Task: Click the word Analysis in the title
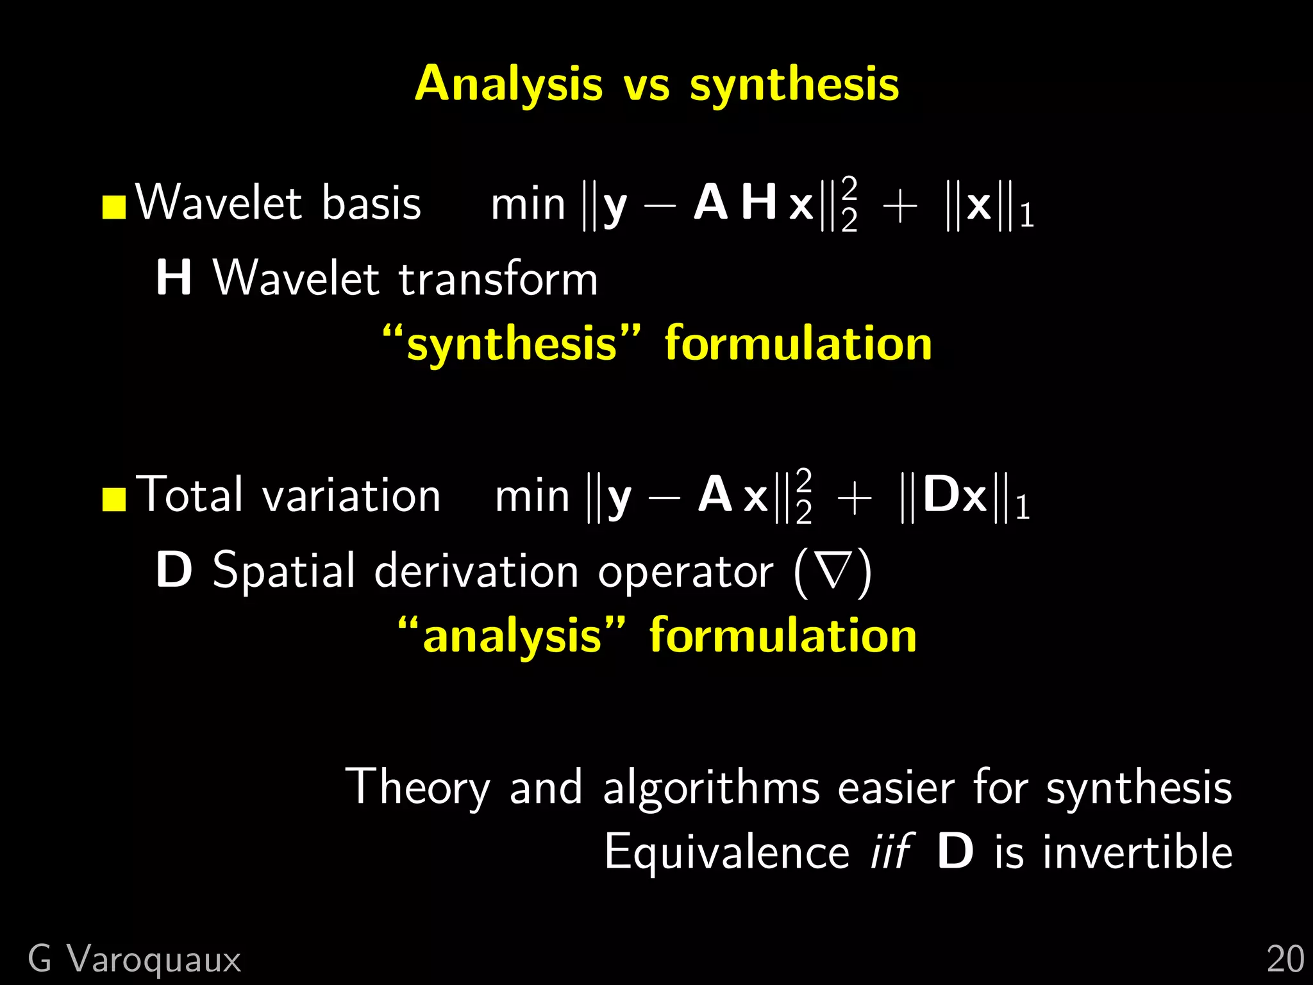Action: click(508, 84)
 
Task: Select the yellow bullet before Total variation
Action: click(114, 500)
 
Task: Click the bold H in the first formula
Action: click(759, 202)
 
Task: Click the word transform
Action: click(498, 280)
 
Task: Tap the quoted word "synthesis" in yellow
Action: click(512, 344)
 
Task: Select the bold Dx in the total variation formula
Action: click(955, 496)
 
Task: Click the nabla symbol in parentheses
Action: click(833, 570)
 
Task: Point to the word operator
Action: click(685, 571)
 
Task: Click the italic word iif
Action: click(890, 852)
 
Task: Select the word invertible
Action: click(1137, 852)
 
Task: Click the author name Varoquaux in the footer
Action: click(154, 960)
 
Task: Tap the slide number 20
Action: click(1285, 960)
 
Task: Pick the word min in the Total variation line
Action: click(532, 498)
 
